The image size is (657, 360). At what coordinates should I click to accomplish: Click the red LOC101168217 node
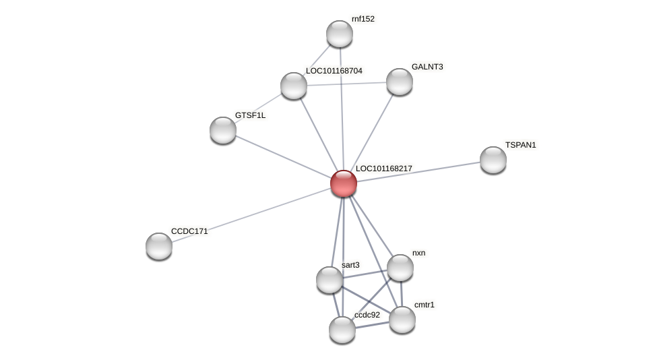pos(343,183)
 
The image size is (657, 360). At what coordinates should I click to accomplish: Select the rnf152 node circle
pos(339,34)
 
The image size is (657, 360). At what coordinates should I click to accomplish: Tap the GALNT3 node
pos(399,82)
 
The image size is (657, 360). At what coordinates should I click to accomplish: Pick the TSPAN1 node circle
pos(493,160)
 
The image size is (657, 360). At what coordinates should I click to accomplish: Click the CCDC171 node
pos(159,245)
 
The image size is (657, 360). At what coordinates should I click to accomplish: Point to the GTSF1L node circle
pos(223,130)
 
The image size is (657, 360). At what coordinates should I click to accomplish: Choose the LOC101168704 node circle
pos(294,86)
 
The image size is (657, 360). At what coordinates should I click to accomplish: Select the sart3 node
pos(330,280)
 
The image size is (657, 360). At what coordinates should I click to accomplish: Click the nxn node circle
pos(400,268)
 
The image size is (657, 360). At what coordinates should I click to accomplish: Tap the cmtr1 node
pos(402,320)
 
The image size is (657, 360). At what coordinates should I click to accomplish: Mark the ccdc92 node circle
pos(342,330)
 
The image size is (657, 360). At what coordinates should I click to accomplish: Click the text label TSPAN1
pos(520,145)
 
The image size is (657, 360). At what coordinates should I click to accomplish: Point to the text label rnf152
pos(363,19)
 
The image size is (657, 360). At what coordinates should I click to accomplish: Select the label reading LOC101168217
pos(383,169)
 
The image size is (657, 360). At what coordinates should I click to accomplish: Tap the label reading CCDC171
pos(189,231)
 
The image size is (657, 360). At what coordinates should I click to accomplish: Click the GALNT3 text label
pos(427,67)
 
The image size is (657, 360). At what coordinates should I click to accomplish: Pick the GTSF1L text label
pos(250,115)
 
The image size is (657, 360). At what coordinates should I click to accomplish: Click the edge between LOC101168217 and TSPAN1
pos(418,171)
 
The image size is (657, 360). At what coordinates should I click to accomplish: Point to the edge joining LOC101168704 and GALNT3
pos(346,84)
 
